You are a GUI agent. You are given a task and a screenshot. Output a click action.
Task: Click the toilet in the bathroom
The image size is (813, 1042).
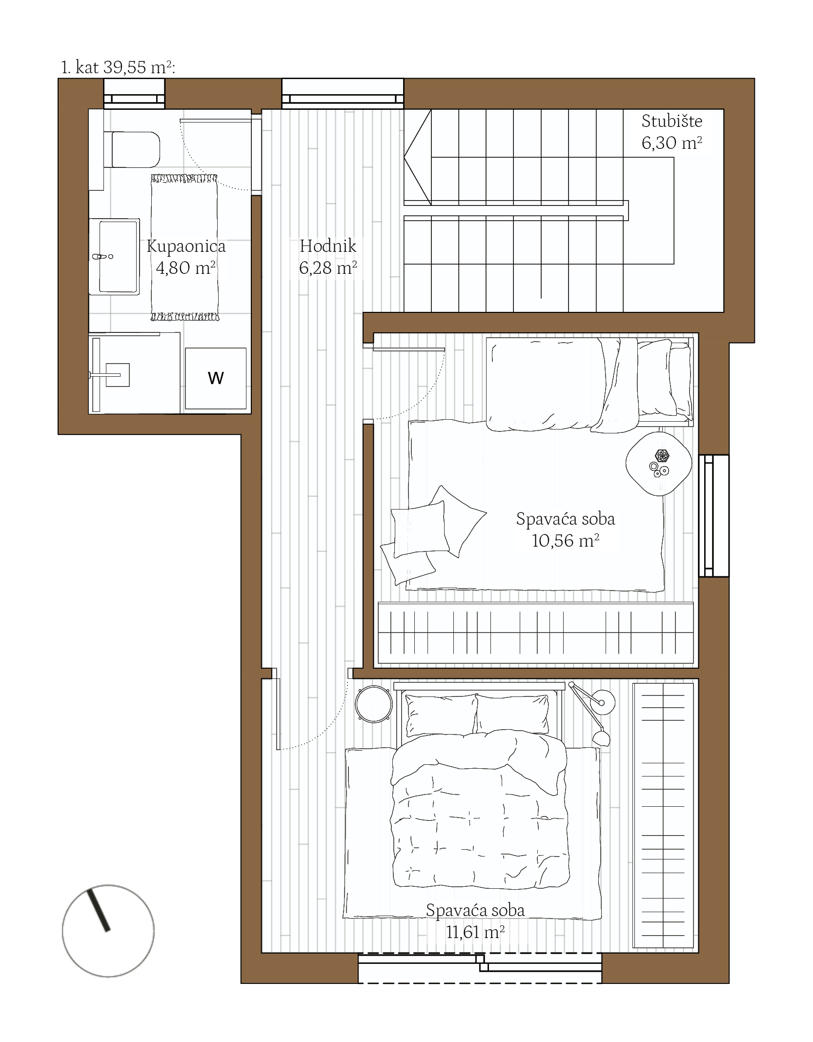tap(132, 149)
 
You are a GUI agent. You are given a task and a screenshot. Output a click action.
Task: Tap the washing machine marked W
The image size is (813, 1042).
tap(215, 378)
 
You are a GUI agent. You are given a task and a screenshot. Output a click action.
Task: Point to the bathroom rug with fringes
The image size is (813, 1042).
tap(184, 247)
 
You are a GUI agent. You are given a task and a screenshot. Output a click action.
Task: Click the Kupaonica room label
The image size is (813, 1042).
tap(186, 246)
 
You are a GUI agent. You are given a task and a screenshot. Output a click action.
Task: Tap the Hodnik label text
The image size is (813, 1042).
tap(328, 245)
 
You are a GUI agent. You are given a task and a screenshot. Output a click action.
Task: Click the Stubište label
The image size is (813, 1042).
tap(671, 121)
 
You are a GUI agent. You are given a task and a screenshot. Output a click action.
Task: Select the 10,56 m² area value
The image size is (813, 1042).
tap(565, 540)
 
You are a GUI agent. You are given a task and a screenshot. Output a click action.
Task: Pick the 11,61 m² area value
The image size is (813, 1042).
tap(475, 932)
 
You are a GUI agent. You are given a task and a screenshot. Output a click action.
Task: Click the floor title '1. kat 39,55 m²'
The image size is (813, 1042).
tap(118, 67)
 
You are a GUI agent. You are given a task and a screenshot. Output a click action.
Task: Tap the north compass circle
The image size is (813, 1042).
tap(108, 931)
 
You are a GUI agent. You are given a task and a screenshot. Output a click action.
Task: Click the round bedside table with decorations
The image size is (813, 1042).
tap(659, 464)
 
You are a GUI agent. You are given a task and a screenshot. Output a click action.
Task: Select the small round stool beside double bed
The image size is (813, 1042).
tap(374, 703)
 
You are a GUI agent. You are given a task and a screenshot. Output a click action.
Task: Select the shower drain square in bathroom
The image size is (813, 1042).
tap(118, 375)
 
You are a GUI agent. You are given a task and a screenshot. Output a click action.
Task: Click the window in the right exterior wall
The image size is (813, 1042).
tap(714, 516)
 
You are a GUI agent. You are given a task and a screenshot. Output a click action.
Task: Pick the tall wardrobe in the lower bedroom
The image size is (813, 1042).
tap(663, 816)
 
